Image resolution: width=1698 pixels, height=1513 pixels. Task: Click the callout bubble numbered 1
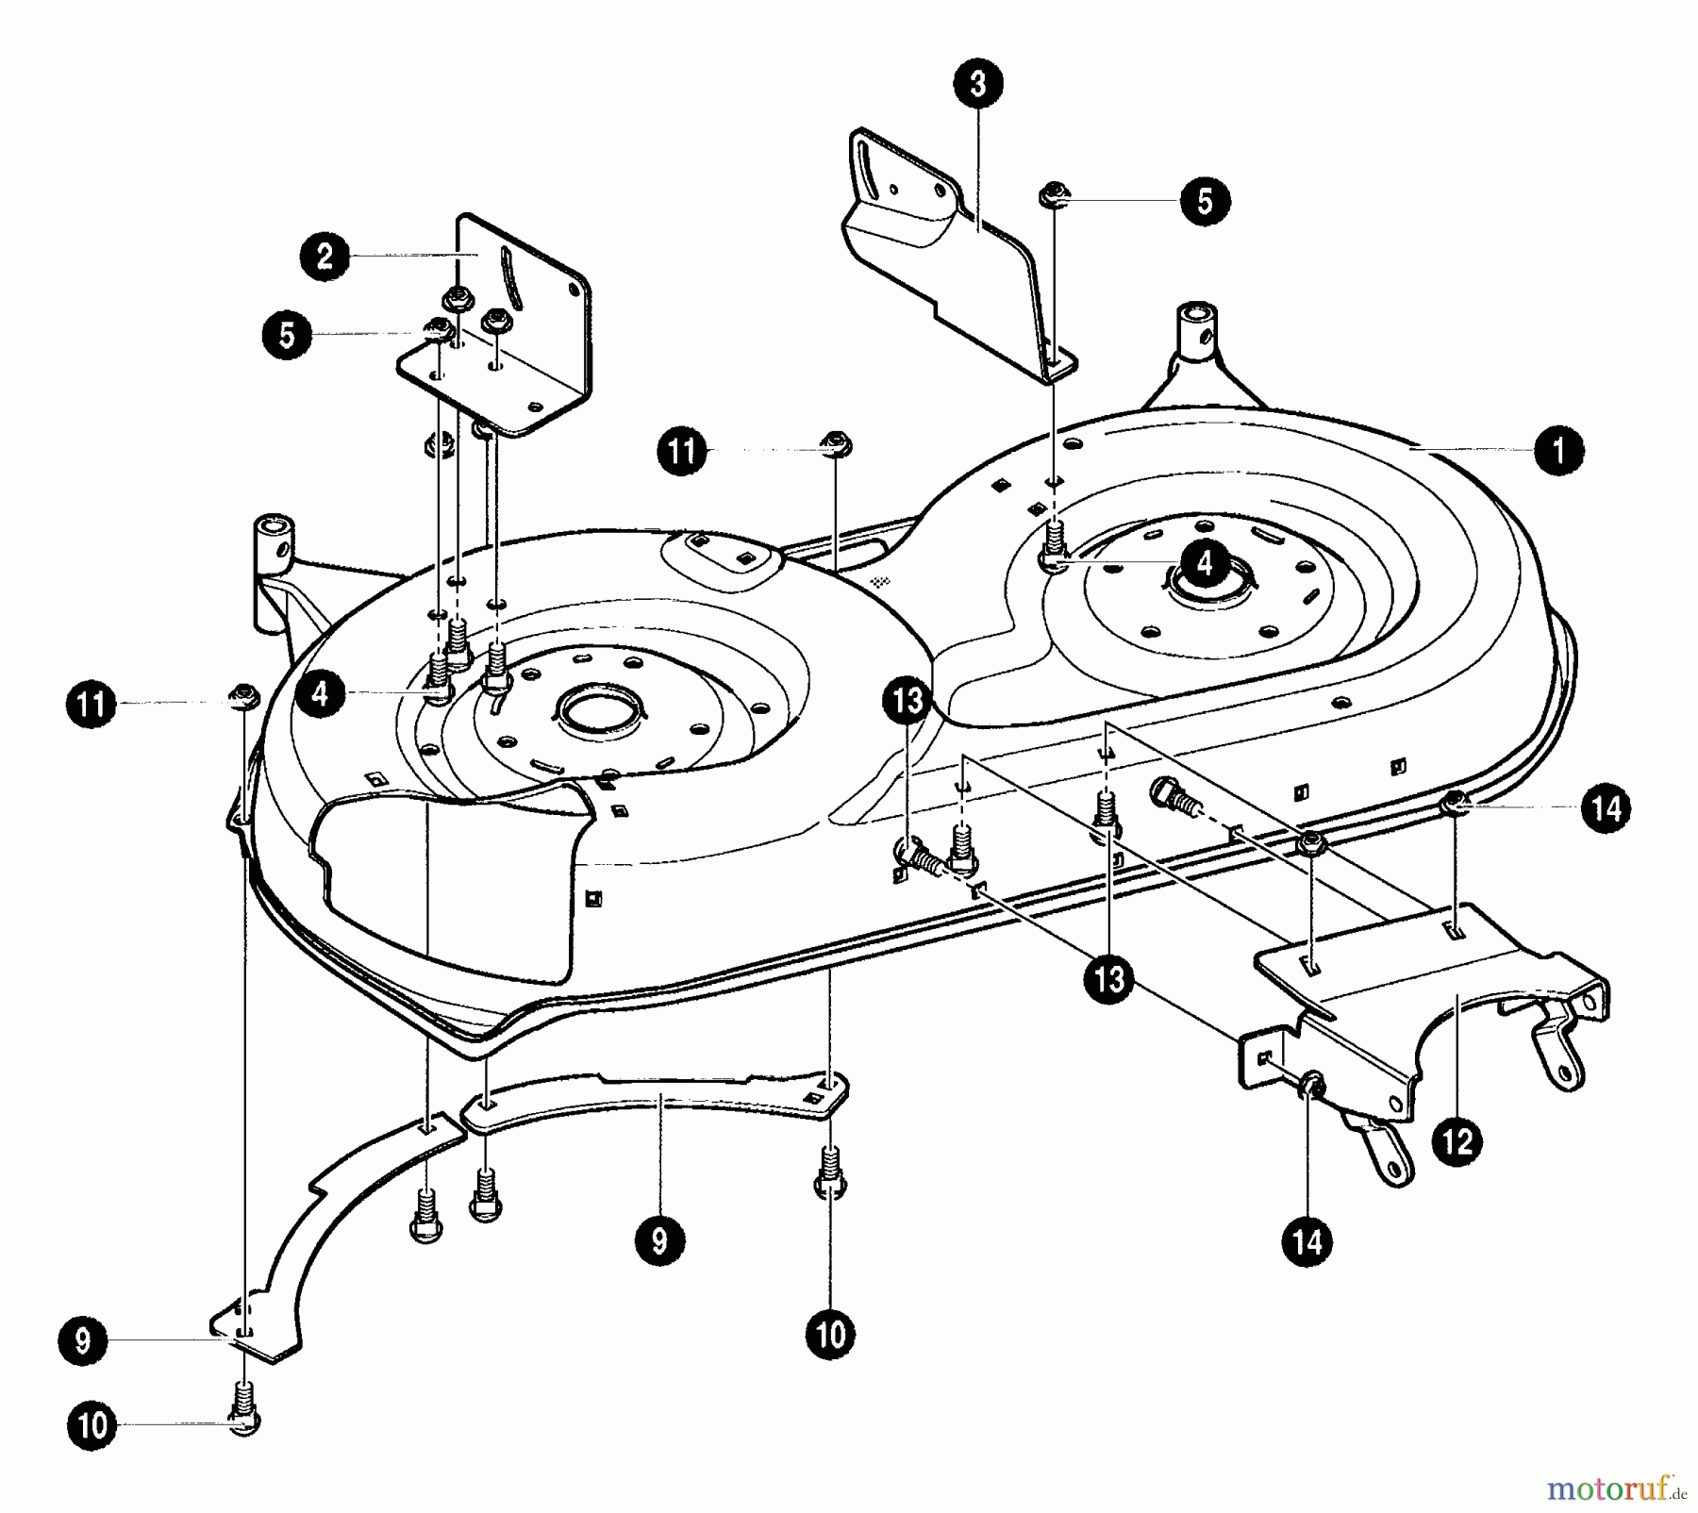(1558, 450)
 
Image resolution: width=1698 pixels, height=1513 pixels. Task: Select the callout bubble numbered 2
(325, 257)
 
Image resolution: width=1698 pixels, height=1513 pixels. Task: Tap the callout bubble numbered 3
(977, 84)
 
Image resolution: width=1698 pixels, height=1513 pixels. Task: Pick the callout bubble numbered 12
(1457, 1142)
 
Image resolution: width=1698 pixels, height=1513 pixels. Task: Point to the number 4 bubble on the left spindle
(321, 694)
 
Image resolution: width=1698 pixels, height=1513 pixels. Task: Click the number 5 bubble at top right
(1205, 201)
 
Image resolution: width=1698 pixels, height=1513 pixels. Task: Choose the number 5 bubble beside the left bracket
(288, 335)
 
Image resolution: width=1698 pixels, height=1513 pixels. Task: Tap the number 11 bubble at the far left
(92, 705)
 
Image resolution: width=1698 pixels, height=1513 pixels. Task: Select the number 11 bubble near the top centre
(682, 452)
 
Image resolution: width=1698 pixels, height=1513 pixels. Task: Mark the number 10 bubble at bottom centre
(830, 1335)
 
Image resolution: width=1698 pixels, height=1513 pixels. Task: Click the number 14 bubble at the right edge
(1606, 807)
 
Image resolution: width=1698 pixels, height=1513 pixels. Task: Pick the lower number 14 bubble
(1307, 1241)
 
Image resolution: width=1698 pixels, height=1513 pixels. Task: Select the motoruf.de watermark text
(1615, 1490)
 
